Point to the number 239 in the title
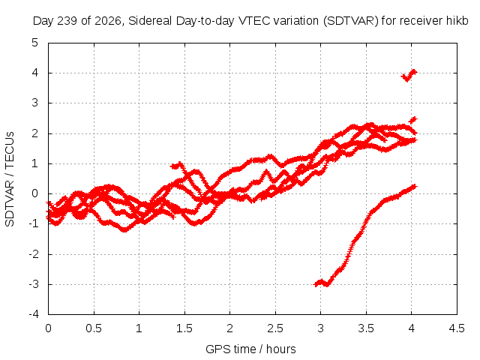67,21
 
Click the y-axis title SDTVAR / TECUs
10,179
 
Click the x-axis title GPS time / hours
250,349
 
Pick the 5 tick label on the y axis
35,43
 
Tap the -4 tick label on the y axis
34,314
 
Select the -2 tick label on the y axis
34,254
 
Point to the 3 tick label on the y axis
35,103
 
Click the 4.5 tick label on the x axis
457,328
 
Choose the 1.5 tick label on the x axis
184,328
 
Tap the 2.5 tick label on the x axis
275,328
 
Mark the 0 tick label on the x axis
48,328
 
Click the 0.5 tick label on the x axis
94,328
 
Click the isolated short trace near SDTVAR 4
409,76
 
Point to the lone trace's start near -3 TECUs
315,285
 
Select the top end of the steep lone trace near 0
415,186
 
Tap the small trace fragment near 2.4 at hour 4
413,120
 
